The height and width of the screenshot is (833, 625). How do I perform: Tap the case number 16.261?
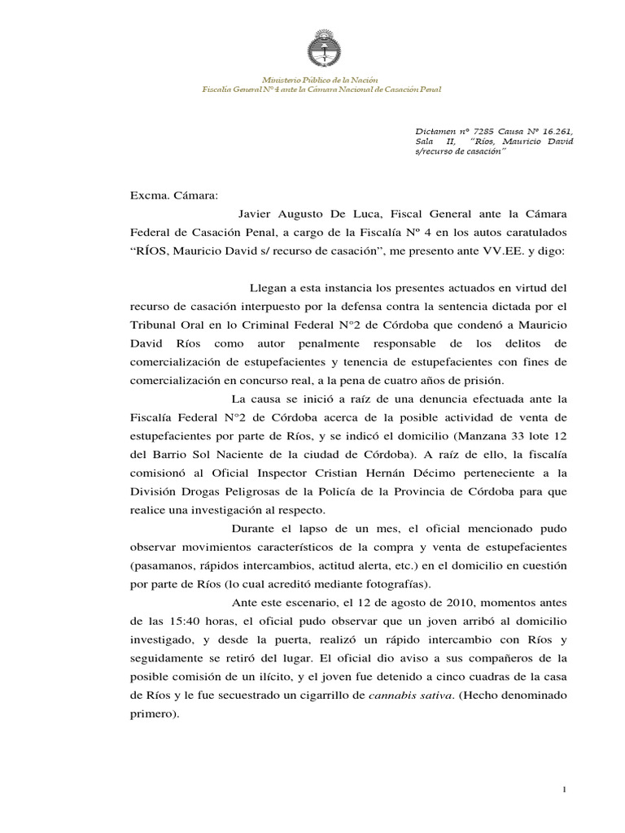click(x=566, y=129)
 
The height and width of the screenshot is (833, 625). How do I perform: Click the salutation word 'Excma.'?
click(x=147, y=195)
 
